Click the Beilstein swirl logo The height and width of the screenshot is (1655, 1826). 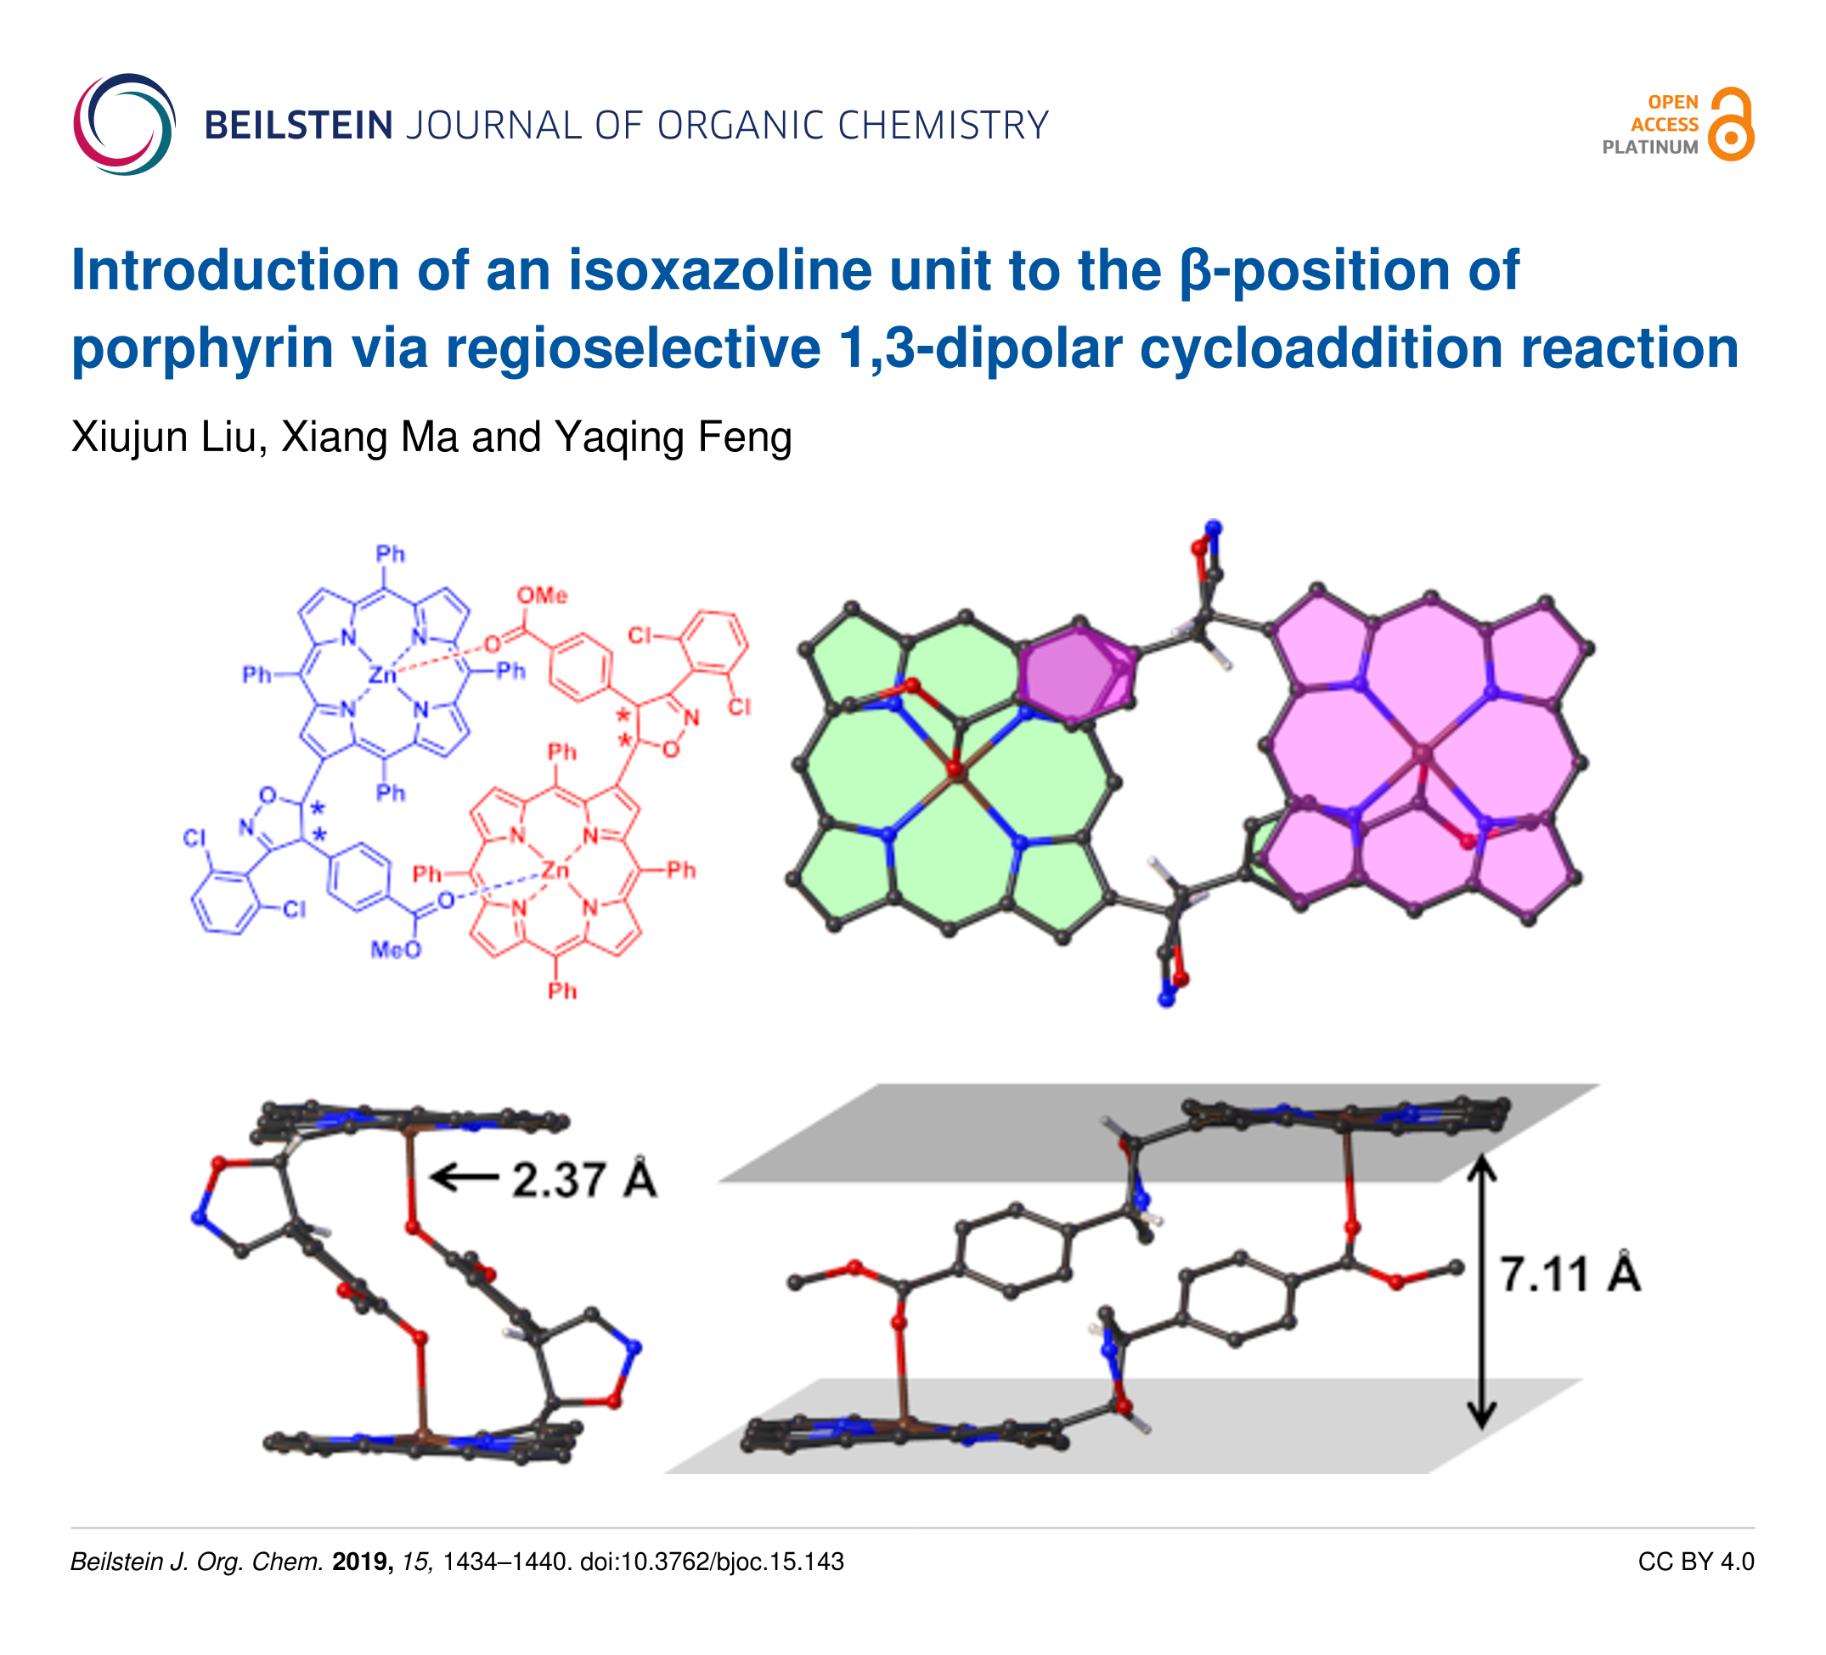[124, 124]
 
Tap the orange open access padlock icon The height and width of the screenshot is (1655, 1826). [1731, 125]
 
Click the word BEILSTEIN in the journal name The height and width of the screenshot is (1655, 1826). [299, 126]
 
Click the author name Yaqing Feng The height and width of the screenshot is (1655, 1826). [673, 438]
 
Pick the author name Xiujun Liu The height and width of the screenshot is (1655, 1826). [168, 438]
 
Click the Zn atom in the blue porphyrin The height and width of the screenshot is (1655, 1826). [382, 675]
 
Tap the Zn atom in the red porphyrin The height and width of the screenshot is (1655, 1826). [555, 872]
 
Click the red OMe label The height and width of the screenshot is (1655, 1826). [542, 596]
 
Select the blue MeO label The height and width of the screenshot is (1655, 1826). [396, 950]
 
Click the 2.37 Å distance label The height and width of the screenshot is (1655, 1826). [583, 1180]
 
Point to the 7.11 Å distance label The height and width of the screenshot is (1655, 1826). [1570, 1274]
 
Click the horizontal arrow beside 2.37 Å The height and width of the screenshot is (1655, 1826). [464, 1178]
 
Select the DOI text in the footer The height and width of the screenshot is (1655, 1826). [712, 1562]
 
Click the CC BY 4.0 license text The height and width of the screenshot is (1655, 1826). [1695, 1562]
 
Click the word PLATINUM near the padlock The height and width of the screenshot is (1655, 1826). [1650, 148]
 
